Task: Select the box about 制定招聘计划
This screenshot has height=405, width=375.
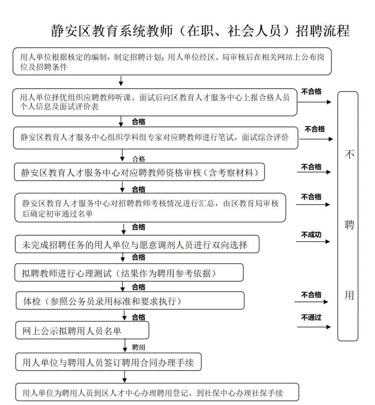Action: (x=172, y=61)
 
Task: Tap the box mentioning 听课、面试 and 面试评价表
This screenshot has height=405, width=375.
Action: (x=154, y=102)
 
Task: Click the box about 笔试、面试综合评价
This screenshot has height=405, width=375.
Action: (x=155, y=138)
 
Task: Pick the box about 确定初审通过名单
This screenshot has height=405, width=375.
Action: (x=150, y=207)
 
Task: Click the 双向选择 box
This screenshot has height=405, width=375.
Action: (x=137, y=244)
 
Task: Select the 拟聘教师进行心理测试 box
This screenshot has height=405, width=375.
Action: (x=129, y=273)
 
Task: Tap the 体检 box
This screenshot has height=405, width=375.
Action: (x=130, y=301)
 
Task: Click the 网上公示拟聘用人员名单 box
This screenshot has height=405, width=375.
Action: (x=82, y=330)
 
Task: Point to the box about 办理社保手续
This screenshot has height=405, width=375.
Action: (x=157, y=392)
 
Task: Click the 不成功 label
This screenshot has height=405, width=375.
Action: (x=311, y=234)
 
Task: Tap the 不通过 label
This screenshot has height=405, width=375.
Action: (x=311, y=318)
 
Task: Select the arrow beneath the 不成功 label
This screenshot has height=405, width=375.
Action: (x=313, y=242)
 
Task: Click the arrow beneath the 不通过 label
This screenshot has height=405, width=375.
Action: (x=314, y=327)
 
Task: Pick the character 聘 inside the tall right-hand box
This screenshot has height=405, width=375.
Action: (x=349, y=225)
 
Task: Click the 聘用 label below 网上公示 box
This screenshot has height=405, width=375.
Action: (x=139, y=347)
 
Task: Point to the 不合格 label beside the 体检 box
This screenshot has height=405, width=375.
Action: (x=311, y=295)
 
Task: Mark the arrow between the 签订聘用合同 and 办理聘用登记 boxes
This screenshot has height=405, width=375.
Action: (x=124, y=377)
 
